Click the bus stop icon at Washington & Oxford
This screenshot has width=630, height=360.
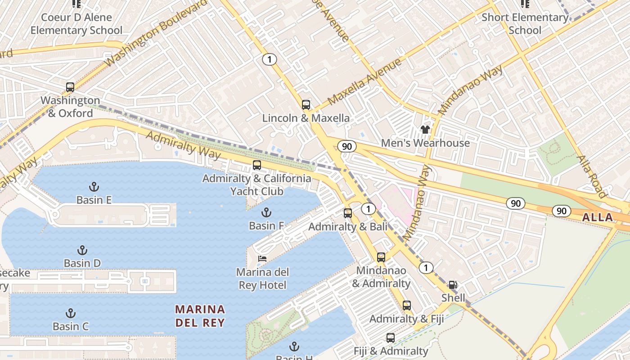[70, 87]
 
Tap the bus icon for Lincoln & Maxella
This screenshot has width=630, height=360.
[306, 105]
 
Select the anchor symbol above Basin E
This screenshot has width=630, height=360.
[94, 187]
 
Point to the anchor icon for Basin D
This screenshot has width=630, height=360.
[82, 250]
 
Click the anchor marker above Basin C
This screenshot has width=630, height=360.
[71, 313]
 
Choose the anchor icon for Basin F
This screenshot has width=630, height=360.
[266, 212]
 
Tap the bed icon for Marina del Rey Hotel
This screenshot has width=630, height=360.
[262, 259]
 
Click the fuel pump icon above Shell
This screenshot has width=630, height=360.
[453, 285]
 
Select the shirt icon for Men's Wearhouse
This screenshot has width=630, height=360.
[425, 130]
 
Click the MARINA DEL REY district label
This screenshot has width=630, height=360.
[200, 316]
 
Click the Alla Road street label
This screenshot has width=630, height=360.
[591, 176]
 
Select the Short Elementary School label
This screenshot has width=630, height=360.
[525, 24]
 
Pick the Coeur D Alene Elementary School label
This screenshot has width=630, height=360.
[76, 24]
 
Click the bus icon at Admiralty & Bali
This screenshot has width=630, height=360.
[348, 213]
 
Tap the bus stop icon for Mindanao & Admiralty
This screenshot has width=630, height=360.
[381, 257]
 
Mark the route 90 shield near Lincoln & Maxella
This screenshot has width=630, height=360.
[346, 146]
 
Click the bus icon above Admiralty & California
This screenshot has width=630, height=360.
[257, 165]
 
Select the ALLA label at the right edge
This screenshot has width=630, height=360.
[598, 218]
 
